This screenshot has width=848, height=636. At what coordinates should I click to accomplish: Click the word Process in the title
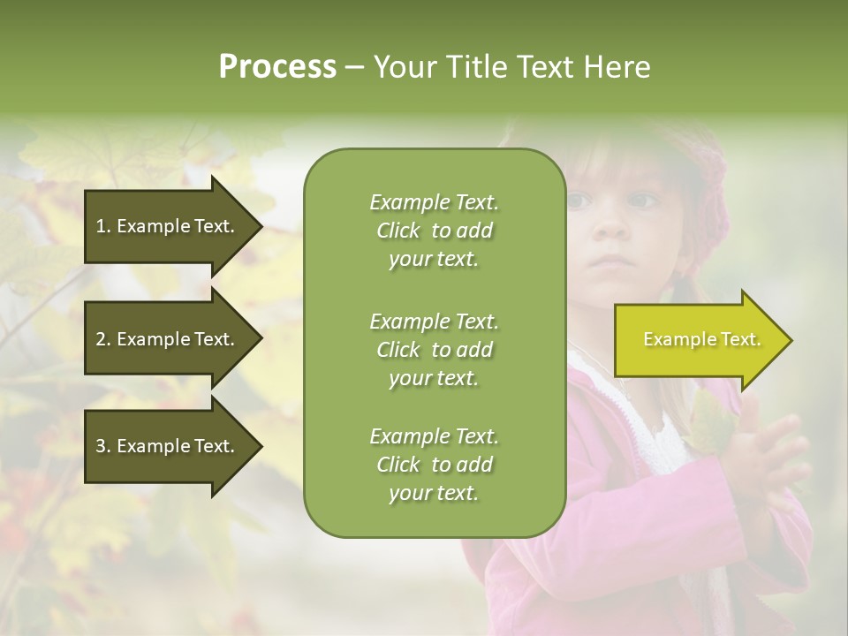point(277,67)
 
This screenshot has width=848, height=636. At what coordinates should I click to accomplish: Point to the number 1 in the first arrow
point(100,226)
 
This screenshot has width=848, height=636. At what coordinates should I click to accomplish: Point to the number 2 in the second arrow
point(100,339)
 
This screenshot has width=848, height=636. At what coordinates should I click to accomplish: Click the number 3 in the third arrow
point(100,446)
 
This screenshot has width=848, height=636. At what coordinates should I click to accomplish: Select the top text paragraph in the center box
point(434,231)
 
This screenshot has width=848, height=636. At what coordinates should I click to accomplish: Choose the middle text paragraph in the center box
point(434,349)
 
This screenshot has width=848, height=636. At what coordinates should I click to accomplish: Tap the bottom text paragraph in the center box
point(434,465)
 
